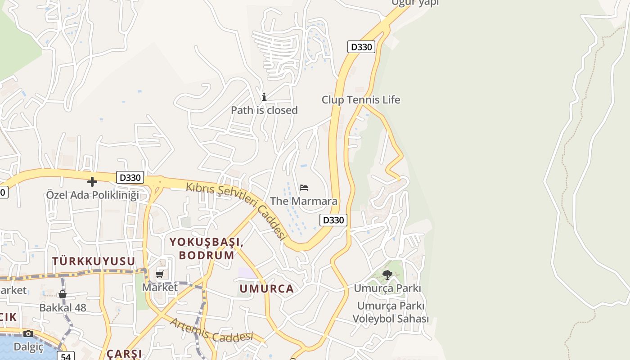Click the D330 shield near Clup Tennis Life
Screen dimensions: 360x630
[361, 47]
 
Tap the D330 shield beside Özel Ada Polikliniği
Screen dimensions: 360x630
[130, 177]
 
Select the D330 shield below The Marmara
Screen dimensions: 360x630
[333, 220]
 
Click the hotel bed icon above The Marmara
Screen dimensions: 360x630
[304, 187]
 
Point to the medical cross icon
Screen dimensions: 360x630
[92, 182]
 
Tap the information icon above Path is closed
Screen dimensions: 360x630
[264, 97]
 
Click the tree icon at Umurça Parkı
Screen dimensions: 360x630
[387, 274]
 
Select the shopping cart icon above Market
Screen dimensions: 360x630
[160, 274]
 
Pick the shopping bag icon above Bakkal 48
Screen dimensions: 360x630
[63, 294]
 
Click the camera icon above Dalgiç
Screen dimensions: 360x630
[28, 333]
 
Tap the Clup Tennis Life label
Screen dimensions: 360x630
[360, 100]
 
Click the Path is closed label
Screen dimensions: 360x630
[264, 110]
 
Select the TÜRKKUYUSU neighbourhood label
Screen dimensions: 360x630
[94, 261]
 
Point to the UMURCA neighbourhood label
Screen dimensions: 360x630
[266, 289]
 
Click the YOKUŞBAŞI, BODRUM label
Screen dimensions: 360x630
[207, 248]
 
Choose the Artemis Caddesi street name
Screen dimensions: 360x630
[211, 329]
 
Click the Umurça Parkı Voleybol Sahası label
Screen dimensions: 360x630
[391, 312]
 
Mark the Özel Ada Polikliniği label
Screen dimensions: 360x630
[93, 195]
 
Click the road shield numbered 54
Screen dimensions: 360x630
[66, 356]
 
